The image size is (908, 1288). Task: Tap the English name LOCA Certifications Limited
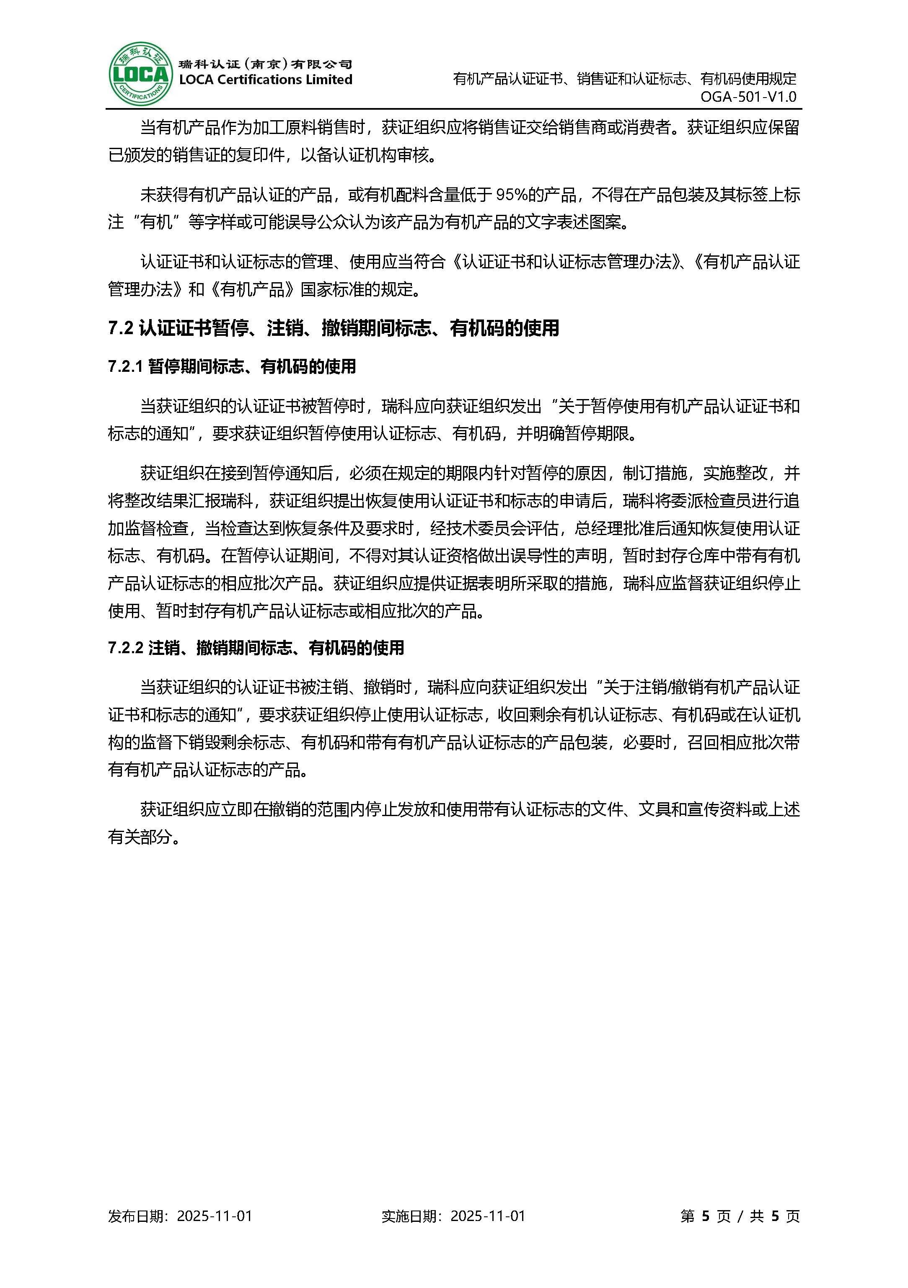(x=265, y=80)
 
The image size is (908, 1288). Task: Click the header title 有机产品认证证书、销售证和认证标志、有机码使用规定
(x=625, y=79)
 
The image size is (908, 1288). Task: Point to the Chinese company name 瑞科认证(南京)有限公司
(x=265, y=64)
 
